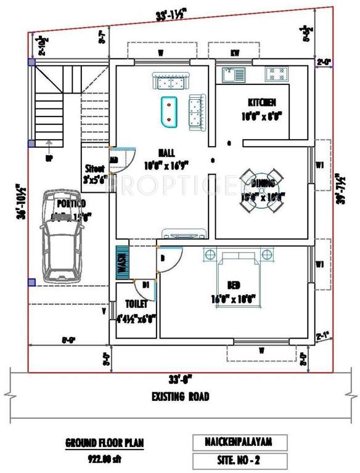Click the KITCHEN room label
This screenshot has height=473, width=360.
(261, 102)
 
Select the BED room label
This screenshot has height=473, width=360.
(234, 285)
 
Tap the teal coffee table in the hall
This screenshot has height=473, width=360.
(169, 112)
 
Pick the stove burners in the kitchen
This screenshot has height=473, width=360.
(274, 75)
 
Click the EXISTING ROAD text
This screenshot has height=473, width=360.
(180, 396)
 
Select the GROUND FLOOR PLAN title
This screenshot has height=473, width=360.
(105, 442)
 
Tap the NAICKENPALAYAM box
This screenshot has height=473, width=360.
(240, 442)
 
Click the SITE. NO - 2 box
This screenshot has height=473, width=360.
(240, 460)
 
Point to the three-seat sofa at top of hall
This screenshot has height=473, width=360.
(170, 81)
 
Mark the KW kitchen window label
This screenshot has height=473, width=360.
(235, 54)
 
